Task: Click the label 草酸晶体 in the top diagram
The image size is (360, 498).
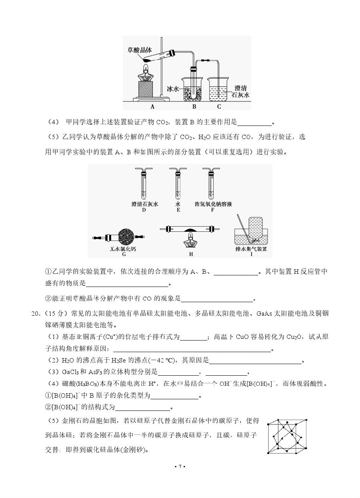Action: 140,50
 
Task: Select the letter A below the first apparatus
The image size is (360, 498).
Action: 152,107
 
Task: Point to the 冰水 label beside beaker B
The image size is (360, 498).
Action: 173,89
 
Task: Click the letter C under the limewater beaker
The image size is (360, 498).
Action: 219,107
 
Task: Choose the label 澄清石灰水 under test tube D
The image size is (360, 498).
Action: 145,204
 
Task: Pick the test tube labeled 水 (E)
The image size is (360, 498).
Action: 178,183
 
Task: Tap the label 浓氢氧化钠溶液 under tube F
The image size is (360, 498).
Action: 213,204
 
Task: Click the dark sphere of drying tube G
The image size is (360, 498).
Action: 126,237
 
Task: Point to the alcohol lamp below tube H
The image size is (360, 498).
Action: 191,240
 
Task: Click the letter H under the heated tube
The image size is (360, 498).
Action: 191,254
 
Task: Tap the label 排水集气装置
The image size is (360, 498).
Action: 251,249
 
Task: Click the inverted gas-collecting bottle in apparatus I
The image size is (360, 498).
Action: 256,229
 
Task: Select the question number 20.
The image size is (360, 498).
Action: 36,313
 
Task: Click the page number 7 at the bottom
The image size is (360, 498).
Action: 180,466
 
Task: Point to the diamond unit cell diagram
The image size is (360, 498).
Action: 287,436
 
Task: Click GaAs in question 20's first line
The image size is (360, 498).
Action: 264,313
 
